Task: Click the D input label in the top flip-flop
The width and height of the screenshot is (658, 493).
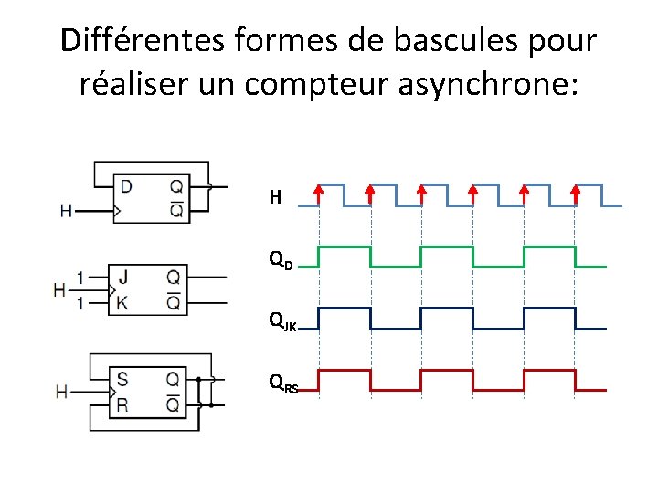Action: pyautogui.click(x=126, y=186)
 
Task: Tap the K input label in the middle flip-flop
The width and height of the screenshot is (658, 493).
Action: pyautogui.click(x=122, y=302)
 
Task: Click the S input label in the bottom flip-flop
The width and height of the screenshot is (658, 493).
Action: pyautogui.click(x=122, y=378)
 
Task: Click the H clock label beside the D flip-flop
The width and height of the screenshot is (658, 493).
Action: pyautogui.click(x=66, y=211)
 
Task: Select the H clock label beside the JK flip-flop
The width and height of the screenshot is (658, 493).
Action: pyautogui.click(x=59, y=289)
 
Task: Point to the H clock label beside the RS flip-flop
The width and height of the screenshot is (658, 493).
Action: pyautogui.click(x=62, y=392)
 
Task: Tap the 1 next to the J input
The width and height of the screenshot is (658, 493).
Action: pyautogui.click(x=81, y=276)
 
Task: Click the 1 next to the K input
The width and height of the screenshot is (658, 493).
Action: pyautogui.click(x=81, y=302)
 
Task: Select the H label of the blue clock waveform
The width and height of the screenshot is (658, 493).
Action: pyautogui.click(x=274, y=196)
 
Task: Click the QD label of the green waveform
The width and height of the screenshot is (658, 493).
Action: pyautogui.click(x=280, y=261)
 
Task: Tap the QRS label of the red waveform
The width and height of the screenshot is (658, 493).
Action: pyautogui.click(x=282, y=384)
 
